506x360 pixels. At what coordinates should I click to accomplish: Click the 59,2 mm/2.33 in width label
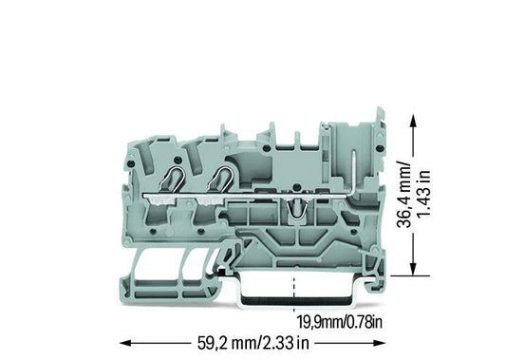point(253,343)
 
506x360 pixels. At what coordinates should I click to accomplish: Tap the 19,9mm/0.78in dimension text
point(340,322)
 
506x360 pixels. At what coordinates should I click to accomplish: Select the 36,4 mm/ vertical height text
point(404,194)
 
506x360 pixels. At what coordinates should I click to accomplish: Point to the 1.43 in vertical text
point(423,194)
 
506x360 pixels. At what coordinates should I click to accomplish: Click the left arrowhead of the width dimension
point(125,343)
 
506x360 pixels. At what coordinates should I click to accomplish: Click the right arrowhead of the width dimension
point(380,343)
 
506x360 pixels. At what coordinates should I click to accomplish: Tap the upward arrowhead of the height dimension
point(413,121)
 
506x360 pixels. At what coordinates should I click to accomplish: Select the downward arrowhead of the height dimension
point(413,269)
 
